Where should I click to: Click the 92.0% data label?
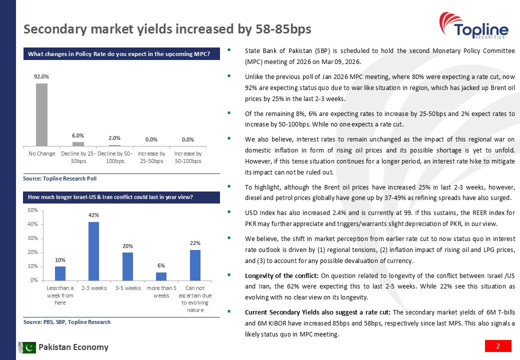(x=41, y=76)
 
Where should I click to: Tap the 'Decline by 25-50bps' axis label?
(x=78, y=157)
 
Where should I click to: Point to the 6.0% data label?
(x=78, y=135)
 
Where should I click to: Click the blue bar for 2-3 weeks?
(x=93, y=251)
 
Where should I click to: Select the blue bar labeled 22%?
(x=195, y=265)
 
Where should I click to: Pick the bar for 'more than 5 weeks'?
(x=161, y=276)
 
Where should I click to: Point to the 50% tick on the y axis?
(x=31, y=210)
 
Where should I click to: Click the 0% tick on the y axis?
(x=33, y=280)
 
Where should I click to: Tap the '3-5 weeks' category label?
(x=127, y=288)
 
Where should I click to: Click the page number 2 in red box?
(x=498, y=346)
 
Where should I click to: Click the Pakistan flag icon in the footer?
(x=27, y=347)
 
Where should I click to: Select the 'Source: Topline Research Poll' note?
(x=59, y=178)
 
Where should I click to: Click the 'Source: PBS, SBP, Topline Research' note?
(x=66, y=322)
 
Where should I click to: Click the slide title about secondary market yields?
(x=167, y=29)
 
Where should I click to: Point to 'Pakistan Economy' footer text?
(x=73, y=347)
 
